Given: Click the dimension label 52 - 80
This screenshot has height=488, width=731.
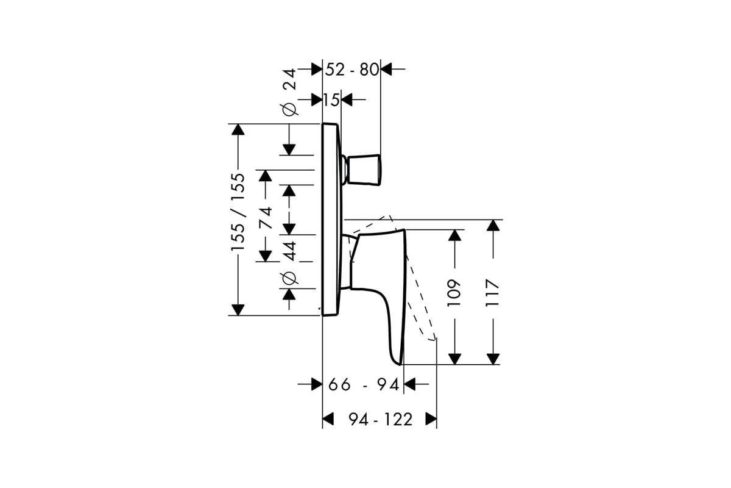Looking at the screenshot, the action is [352, 70].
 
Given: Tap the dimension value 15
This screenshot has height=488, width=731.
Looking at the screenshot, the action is [331, 99].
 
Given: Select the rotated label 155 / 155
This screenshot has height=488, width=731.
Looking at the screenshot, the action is [238, 212].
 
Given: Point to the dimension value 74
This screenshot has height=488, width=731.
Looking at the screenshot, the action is [266, 217].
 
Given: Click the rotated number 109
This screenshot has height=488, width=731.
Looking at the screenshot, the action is [454, 293].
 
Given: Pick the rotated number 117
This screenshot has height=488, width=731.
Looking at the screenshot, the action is [492, 293].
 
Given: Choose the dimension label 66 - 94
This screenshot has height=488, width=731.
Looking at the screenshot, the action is [364, 384].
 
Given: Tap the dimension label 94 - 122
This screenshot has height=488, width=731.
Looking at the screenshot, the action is [381, 419].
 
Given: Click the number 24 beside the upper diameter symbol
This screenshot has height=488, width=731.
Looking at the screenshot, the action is [289, 79].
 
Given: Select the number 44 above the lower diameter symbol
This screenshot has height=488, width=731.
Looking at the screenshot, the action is [289, 251].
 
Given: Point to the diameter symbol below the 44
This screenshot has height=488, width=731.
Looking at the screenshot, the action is [289, 278].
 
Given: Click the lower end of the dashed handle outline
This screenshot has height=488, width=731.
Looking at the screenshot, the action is [434, 339].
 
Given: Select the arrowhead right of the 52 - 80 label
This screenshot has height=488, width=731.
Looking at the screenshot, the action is [386, 70].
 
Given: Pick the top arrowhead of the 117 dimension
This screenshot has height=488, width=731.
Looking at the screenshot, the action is [493, 226].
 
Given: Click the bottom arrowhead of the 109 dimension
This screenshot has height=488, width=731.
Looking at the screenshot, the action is [454, 359].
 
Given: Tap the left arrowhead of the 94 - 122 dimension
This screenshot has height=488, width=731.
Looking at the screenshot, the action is [328, 419].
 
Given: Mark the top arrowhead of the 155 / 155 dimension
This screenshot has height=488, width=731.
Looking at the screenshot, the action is [238, 129].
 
